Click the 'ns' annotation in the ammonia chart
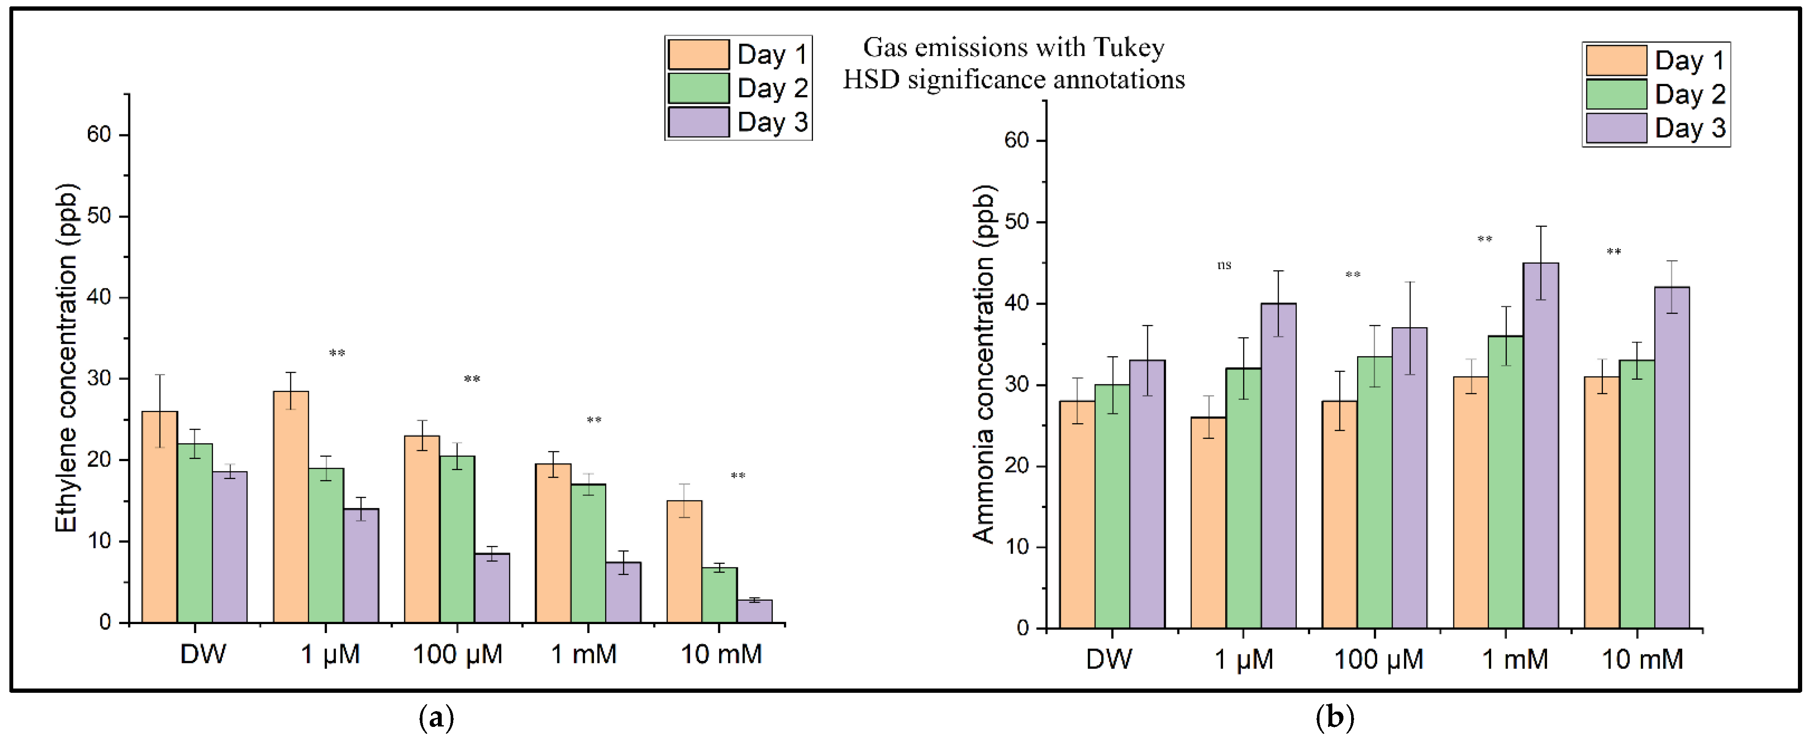click(x=1224, y=265)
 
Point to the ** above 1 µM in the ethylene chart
click(x=337, y=353)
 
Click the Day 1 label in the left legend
click(x=772, y=55)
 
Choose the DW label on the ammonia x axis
click(x=1109, y=659)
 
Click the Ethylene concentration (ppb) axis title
click(x=67, y=358)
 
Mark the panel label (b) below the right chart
click(x=1334, y=718)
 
